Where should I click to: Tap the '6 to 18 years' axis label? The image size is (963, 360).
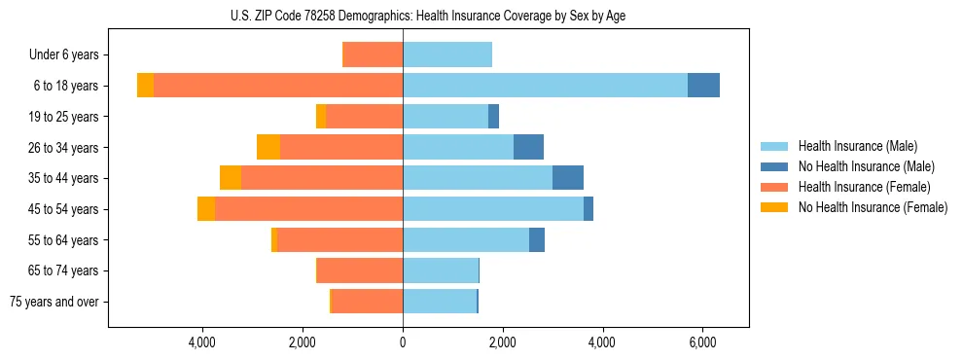click(x=66, y=86)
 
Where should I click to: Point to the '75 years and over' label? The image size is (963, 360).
click(x=54, y=302)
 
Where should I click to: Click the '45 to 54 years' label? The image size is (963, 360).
click(x=64, y=209)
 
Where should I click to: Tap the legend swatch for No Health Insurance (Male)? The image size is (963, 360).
click(x=774, y=166)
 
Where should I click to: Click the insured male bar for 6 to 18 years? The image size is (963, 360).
click(x=545, y=86)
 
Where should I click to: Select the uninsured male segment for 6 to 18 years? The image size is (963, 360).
click(x=703, y=86)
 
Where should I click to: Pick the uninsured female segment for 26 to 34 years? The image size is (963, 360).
click(x=268, y=147)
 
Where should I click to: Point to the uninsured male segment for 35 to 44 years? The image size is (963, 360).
click(x=568, y=178)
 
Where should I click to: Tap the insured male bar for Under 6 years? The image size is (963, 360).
click(x=447, y=54)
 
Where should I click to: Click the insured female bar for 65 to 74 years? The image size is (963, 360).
click(x=360, y=270)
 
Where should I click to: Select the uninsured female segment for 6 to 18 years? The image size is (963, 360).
click(x=145, y=86)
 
